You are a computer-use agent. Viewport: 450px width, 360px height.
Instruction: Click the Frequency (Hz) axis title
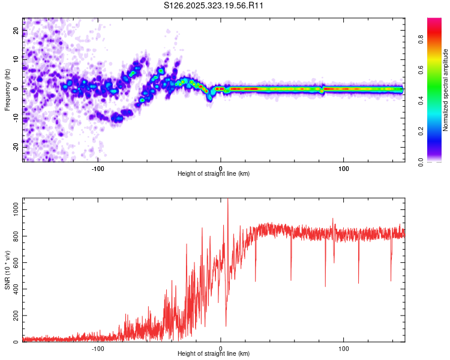click(7, 89)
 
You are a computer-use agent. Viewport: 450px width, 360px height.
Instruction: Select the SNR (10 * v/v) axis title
click(7, 271)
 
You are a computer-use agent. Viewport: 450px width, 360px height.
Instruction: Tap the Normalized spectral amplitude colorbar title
click(446, 90)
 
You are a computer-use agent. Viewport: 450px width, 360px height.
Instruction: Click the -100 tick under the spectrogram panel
click(98, 167)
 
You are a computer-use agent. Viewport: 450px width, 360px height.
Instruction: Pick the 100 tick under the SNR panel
click(344, 348)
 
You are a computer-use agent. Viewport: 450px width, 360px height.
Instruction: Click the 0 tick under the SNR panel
click(221, 348)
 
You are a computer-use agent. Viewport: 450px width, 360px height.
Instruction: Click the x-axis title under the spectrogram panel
click(214, 173)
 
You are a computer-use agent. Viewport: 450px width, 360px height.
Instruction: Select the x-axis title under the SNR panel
click(214, 354)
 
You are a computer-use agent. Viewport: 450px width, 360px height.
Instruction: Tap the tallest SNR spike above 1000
click(227, 201)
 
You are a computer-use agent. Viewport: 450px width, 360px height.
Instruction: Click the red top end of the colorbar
click(434, 20)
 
